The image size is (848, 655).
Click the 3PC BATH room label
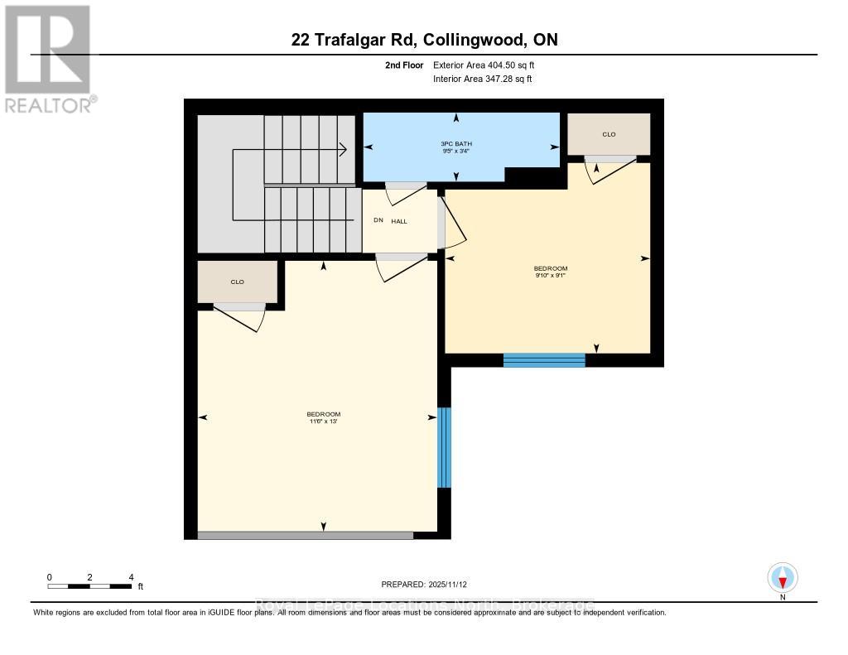tap(456, 143)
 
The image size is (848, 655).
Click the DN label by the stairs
tap(378, 221)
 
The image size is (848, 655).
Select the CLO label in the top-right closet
tap(609, 134)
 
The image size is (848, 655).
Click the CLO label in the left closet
tap(237, 282)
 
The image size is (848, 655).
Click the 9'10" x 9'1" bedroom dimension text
tap(550, 275)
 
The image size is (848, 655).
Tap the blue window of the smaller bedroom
tap(544, 360)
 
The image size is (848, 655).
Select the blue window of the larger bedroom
tap(444, 447)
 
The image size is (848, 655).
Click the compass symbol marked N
tap(783, 576)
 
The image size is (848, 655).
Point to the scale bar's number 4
tap(131, 576)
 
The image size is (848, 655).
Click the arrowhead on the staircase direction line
tap(342, 150)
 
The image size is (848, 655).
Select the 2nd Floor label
tap(405, 65)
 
